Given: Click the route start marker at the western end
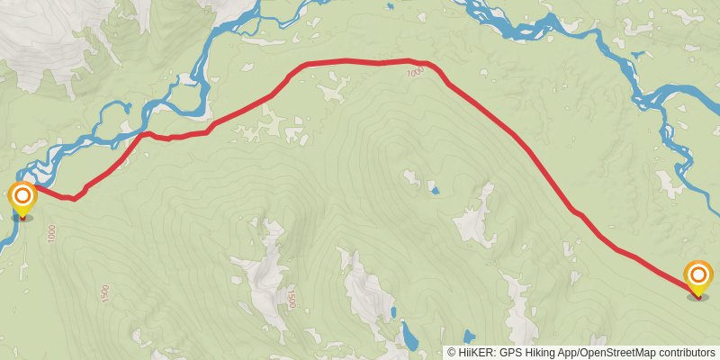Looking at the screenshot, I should [x=22, y=197].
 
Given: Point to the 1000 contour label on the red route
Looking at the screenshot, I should [x=414, y=73].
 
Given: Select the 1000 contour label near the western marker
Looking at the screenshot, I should [x=52, y=233].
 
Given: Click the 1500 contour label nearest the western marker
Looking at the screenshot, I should [x=104, y=293].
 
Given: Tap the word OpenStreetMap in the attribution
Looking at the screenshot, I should [x=616, y=353].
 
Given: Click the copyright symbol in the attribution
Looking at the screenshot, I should [x=453, y=353].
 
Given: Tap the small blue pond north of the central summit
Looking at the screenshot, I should [x=435, y=190].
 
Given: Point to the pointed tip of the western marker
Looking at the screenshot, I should [x=22, y=216].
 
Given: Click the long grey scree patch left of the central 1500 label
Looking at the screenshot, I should [x=261, y=279].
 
